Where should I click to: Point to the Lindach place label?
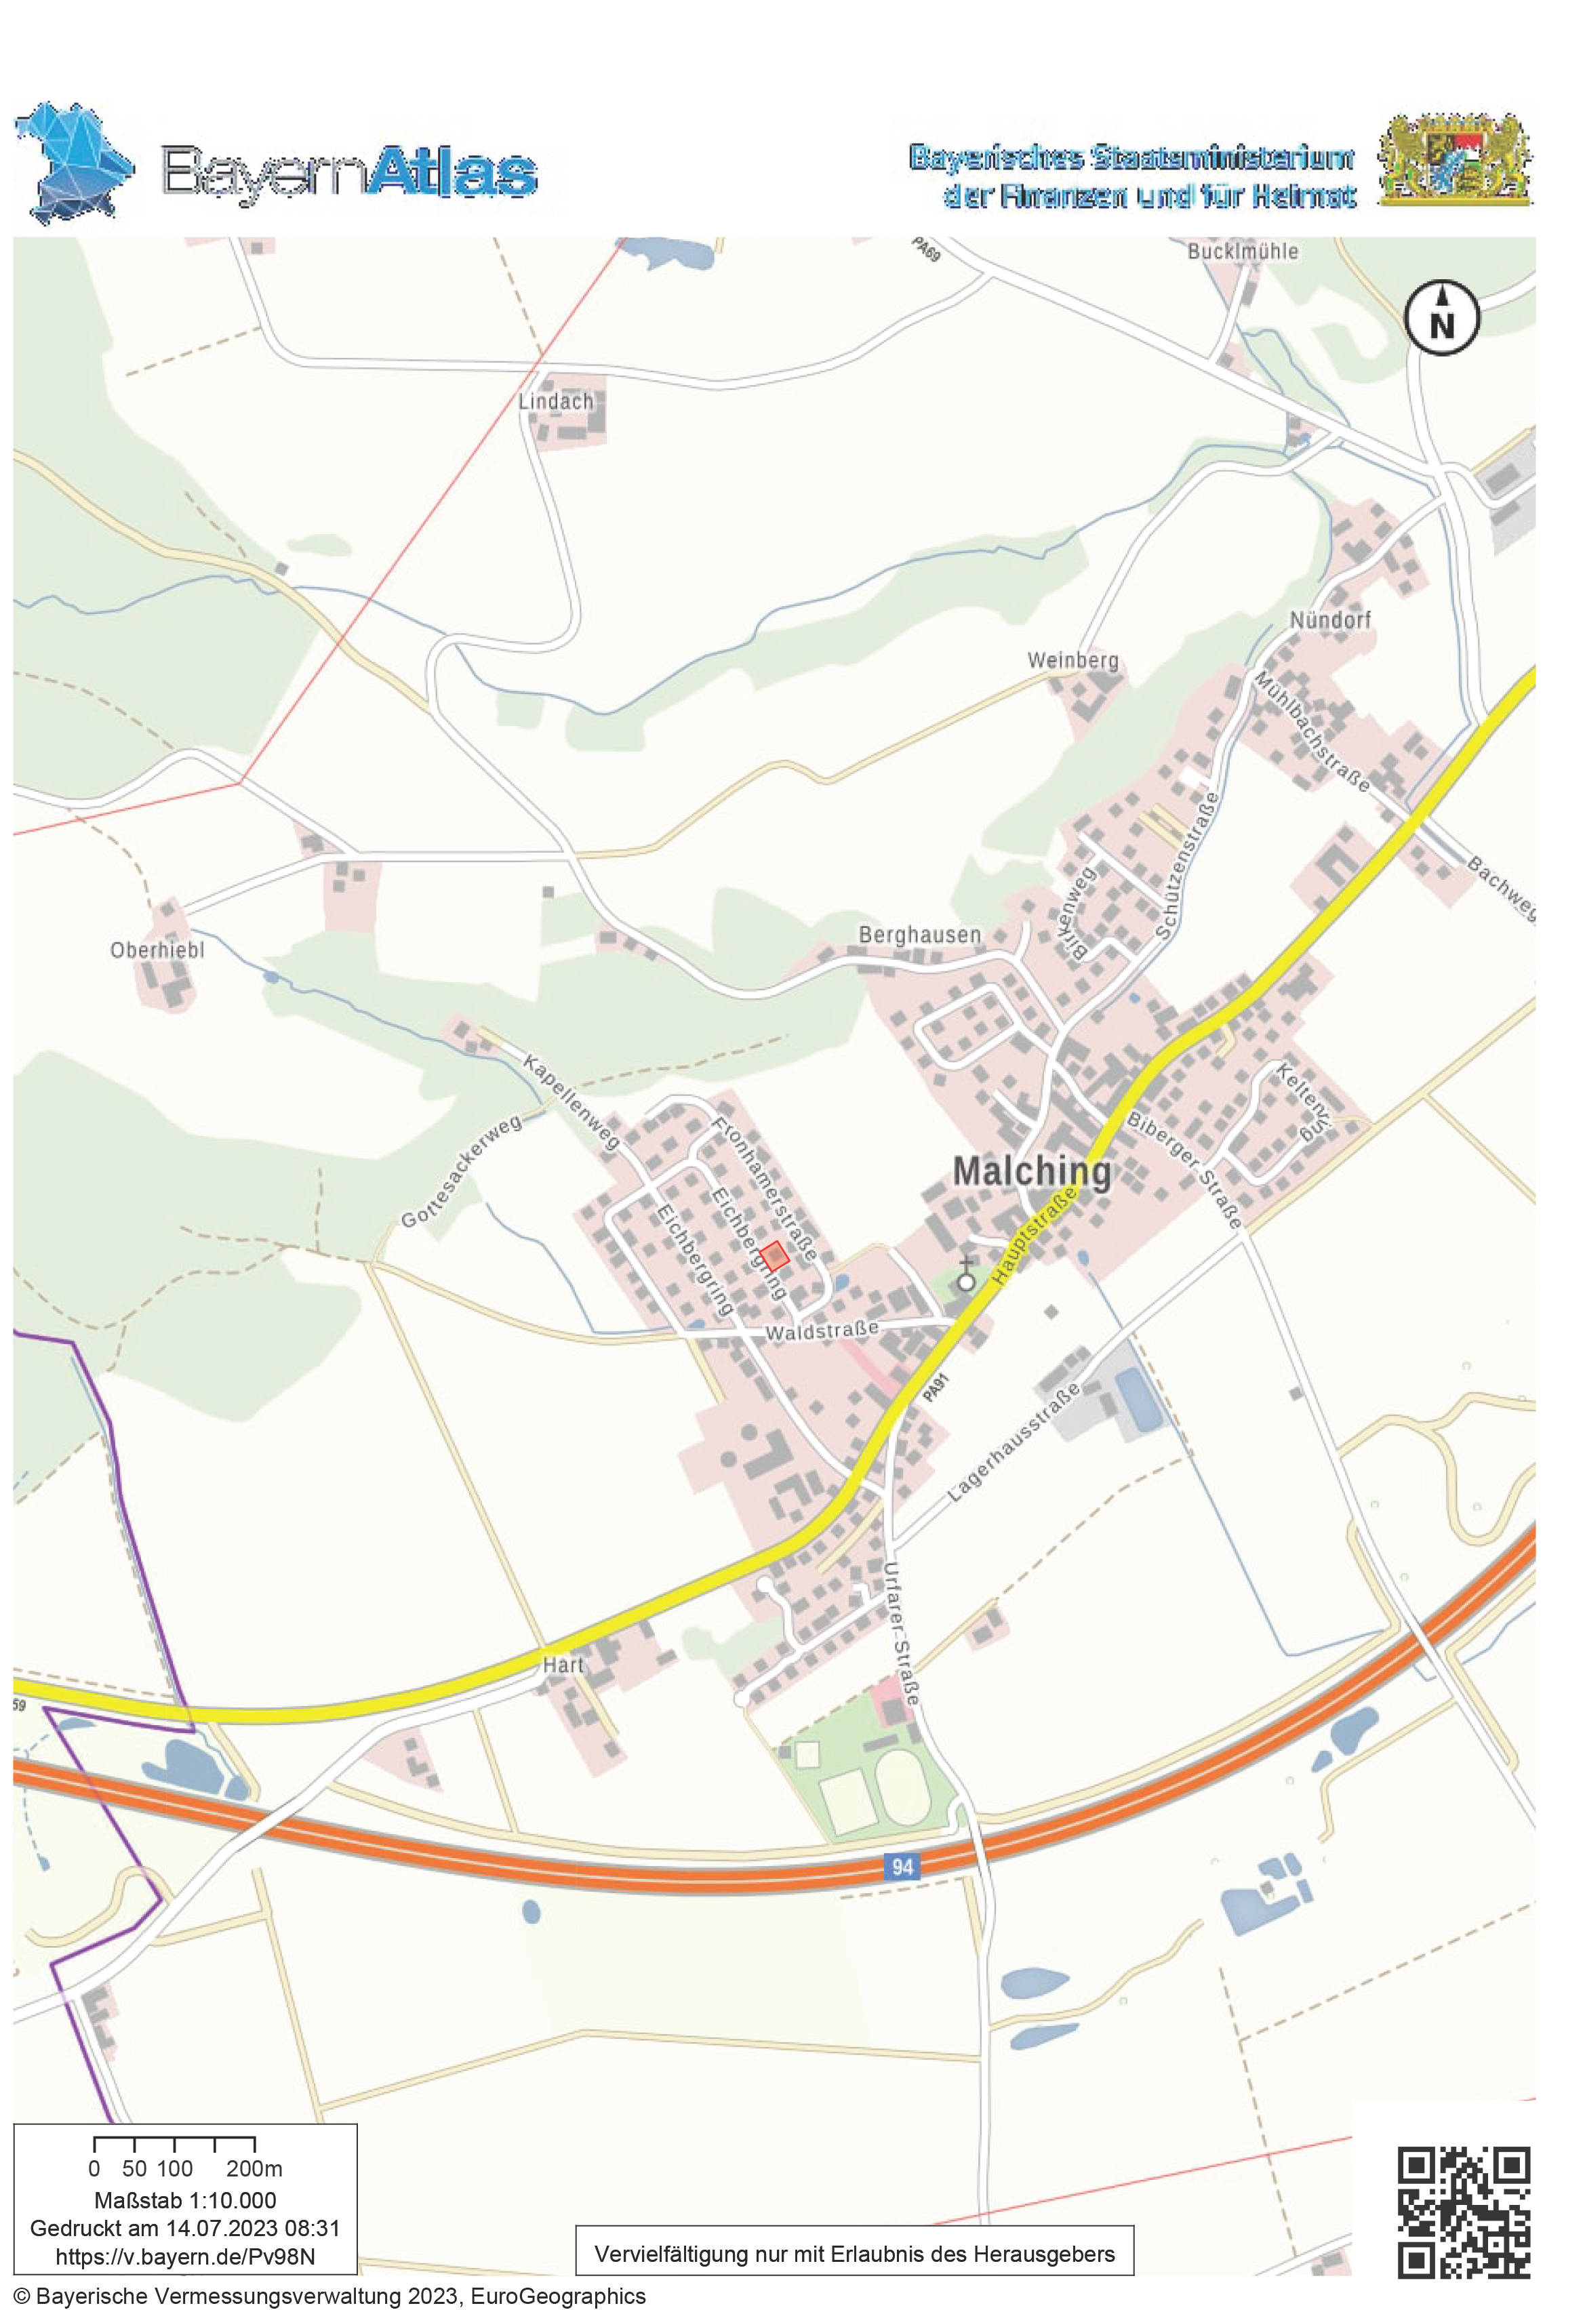[x=556, y=401]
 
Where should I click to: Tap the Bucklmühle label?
[x=1242, y=251]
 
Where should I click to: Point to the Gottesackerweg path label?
[x=462, y=1172]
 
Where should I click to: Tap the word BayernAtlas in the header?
[x=349, y=172]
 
